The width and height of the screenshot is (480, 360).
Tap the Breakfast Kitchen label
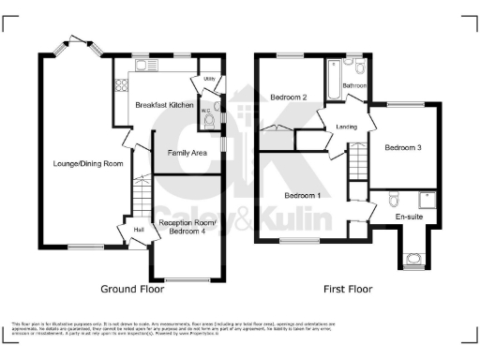click(163, 105)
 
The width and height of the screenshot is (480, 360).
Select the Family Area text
click(187, 152)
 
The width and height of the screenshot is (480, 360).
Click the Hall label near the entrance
click(139, 228)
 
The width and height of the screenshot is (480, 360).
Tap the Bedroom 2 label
click(290, 97)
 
